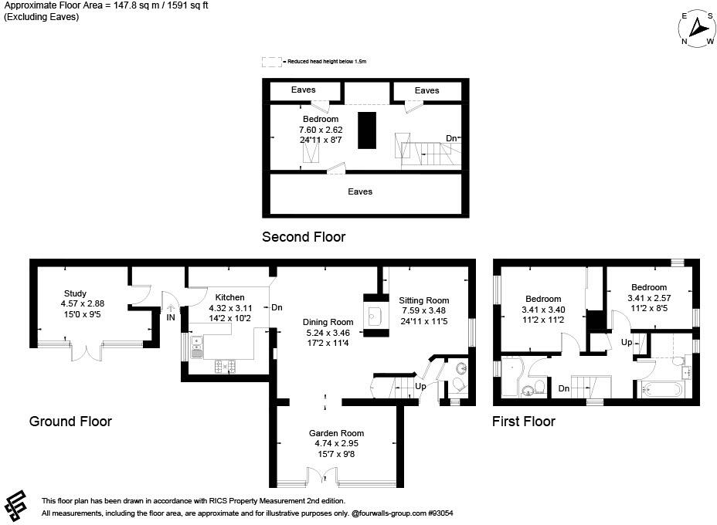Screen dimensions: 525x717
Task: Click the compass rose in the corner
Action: point(697,29)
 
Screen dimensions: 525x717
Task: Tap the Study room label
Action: point(75,293)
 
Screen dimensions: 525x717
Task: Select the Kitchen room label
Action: point(229,297)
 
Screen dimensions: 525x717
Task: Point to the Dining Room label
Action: point(328,322)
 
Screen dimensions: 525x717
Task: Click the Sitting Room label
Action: point(423,300)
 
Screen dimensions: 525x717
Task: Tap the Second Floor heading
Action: point(304,237)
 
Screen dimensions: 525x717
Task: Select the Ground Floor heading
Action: point(70,422)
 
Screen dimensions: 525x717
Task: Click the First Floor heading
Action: point(524,422)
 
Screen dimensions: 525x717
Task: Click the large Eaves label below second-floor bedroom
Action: point(360,191)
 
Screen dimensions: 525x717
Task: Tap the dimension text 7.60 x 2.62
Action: point(321,130)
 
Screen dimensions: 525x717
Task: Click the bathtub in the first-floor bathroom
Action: point(661,388)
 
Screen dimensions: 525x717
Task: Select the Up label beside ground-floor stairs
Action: point(420,386)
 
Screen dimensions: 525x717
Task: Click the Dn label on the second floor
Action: point(451,139)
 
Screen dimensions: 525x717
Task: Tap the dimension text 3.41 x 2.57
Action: point(647,298)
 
